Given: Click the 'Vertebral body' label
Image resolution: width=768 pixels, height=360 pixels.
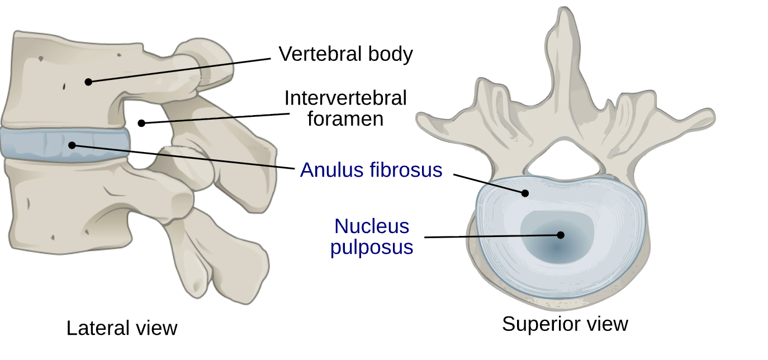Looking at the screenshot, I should point(345,54).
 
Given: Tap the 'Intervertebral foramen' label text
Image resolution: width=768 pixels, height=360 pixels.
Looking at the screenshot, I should point(345,108).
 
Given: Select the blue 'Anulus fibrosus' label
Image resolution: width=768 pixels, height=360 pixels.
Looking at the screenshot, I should point(371,169).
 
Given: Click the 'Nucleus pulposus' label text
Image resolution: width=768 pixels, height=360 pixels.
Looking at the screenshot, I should point(372,236).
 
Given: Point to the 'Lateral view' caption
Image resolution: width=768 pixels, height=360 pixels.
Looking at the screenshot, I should point(122,328).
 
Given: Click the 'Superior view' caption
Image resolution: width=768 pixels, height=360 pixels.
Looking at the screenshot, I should point(565,324).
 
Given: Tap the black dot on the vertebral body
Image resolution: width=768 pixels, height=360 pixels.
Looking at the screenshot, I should point(88,82).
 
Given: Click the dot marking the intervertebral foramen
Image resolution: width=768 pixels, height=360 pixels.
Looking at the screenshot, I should point(142,123).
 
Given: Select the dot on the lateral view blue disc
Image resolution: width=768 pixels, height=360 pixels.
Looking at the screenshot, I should point(72,145).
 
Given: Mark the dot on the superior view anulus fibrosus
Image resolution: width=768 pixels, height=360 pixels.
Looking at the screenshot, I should point(525,193).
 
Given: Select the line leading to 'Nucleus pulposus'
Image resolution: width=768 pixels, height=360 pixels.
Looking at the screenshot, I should point(492,236).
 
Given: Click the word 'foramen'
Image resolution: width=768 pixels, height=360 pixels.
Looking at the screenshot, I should point(345,119).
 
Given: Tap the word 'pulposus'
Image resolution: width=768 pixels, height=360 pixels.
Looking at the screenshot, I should point(372,247).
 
